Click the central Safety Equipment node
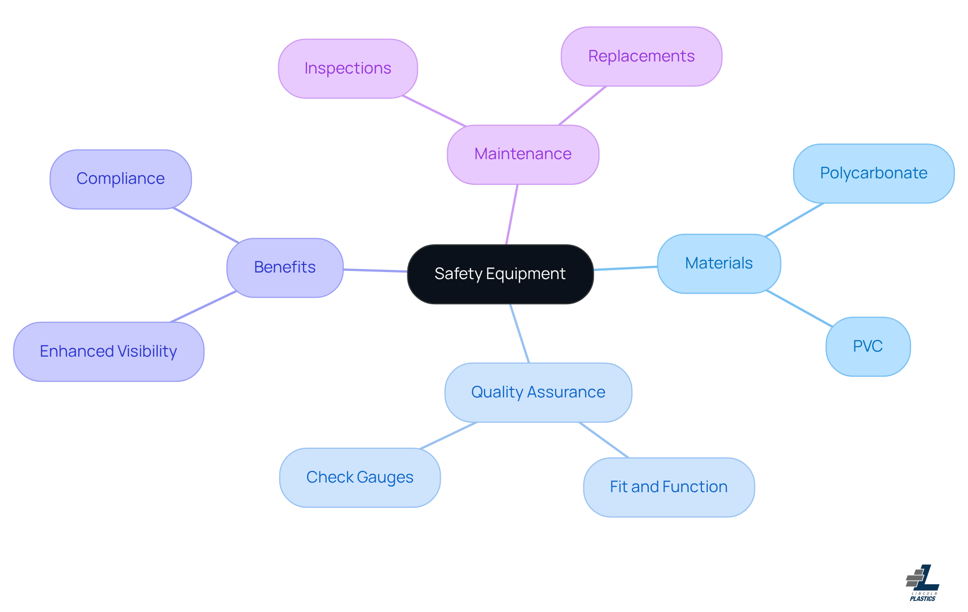click(x=500, y=274)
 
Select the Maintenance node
click(x=523, y=154)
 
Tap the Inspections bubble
click(x=348, y=69)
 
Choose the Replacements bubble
click(x=641, y=56)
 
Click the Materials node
click(x=719, y=263)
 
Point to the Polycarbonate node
click(x=873, y=173)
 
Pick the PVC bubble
click(x=868, y=347)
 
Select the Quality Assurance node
click(x=538, y=392)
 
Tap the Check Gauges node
click(x=360, y=478)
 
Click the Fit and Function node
click(x=669, y=487)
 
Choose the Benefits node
click(x=285, y=267)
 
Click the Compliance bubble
click(x=120, y=179)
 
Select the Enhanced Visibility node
click(x=108, y=352)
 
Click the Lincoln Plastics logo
click(x=923, y=583)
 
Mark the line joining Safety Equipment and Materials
click(x=625, y=268)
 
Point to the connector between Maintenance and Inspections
click(x=434, y=111)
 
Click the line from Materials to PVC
click(x=799, y=308)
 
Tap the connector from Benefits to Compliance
click(x=206, y=225)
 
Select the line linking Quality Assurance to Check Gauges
click(x=448, y=435)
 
